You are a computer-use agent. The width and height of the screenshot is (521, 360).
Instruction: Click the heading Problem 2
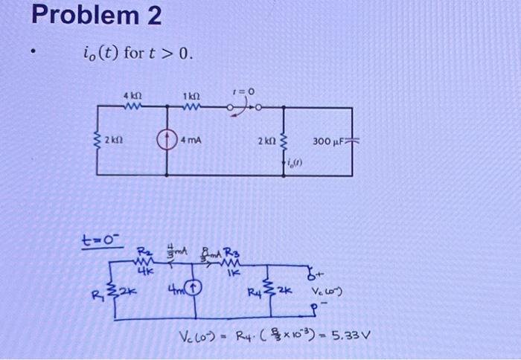click(98, 16)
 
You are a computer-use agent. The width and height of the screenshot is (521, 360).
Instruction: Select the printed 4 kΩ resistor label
click(135, 96)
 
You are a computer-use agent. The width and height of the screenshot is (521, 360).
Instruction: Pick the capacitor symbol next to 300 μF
click(353, 140)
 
